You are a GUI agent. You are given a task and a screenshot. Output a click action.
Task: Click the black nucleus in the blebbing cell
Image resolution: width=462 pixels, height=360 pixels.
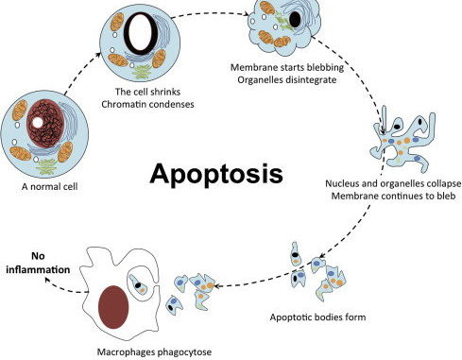296,18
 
